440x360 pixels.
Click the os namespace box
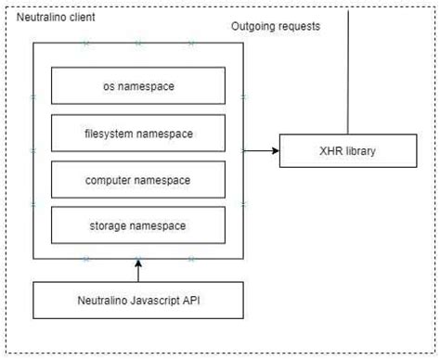(138, 86)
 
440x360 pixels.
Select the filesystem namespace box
(138, 134)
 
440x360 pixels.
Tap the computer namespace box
(138, 178)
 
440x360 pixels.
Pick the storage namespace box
(138, 224)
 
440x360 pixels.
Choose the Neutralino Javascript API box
(138, 300)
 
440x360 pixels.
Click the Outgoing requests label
(276, 26)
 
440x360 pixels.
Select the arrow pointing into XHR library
(262, 149)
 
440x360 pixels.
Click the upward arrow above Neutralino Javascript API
(138, 270)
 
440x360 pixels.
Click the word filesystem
(110, 134)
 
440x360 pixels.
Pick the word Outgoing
(253, 26)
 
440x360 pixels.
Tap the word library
(358, 149)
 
